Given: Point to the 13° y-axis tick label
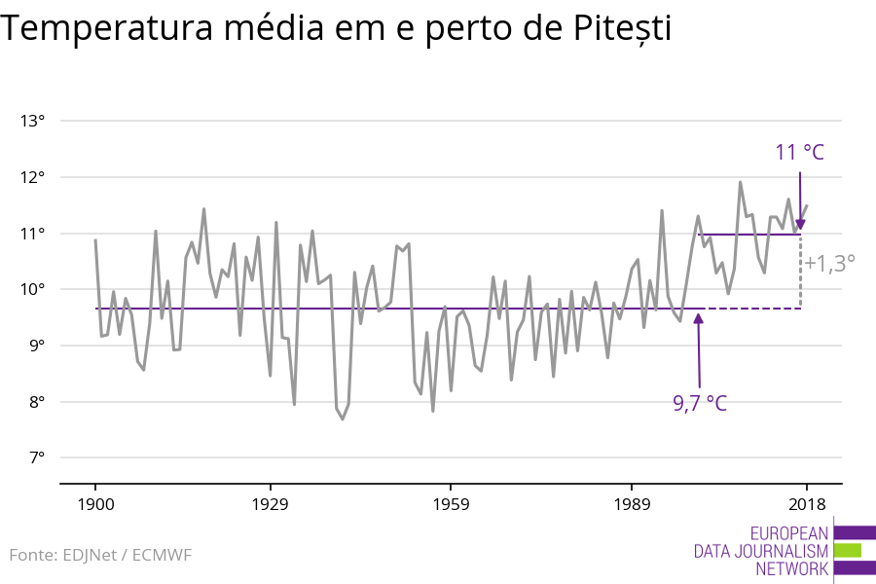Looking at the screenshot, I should (x=33, y=122).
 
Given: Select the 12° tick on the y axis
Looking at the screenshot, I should (x=33, y=177).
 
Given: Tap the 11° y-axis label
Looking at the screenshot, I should (x=33, y=234).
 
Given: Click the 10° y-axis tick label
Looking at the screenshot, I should (x=33, y=290).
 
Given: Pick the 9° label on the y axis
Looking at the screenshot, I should (x=35, y=346).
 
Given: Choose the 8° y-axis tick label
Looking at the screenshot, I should (x=35, y=402).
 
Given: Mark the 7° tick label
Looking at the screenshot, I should (x=35, y=457).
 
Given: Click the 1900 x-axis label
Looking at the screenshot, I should (x=95, y=504).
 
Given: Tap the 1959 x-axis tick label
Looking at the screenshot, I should (x=451, y=504).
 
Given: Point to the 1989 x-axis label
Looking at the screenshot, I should (x=632, y=504).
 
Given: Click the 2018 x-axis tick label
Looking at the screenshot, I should (x=806, y=504).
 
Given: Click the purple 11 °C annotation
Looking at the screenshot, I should (x=800, y=153).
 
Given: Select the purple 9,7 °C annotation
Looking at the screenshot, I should (x=700, y=403).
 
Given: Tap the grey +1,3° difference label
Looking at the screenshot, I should (x=829, y=263).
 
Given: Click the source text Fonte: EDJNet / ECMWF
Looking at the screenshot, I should (x=101, y=556).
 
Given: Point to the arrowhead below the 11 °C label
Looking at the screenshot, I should (x=800, y=225).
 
